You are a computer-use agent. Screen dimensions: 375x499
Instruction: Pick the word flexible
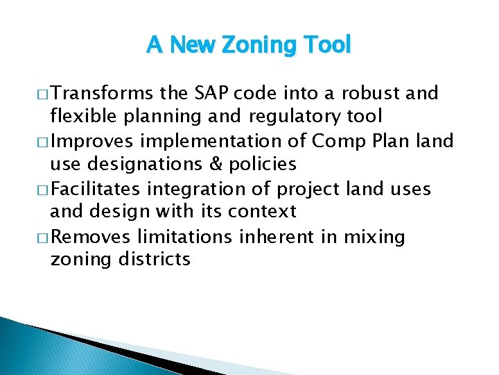click(80, 116)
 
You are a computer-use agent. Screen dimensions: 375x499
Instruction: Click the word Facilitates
click(96, 189)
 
